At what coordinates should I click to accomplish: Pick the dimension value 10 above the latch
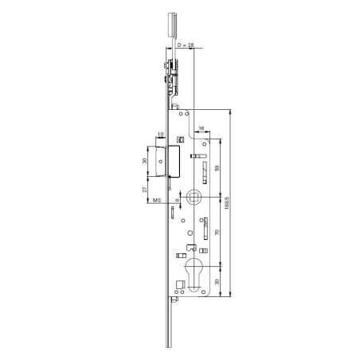[x=161, y=134]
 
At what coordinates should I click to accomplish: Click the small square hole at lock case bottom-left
[x=178, y=282]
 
